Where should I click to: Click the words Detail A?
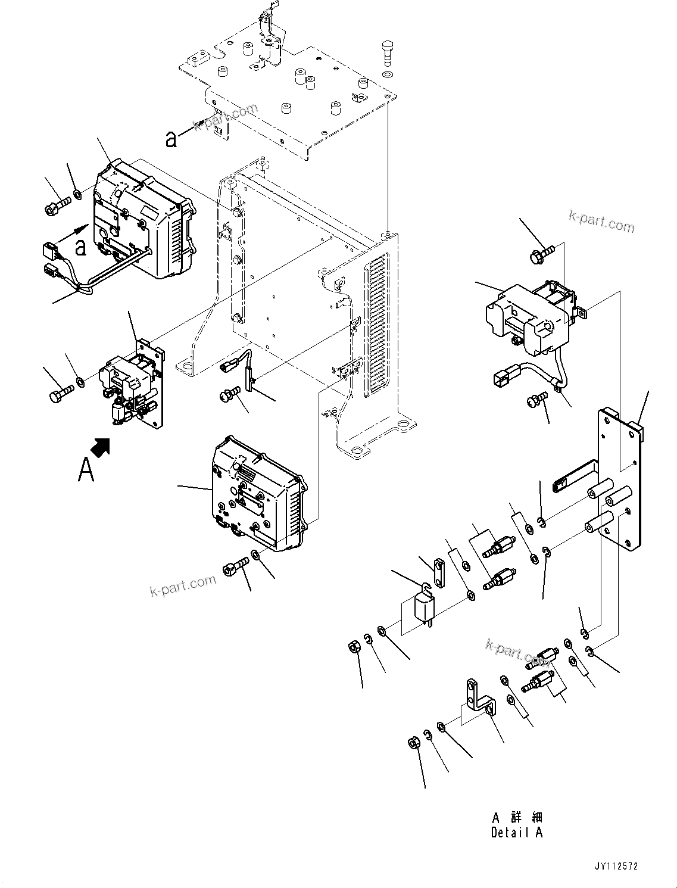coord(516,833)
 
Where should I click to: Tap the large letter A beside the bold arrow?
coord(86,469)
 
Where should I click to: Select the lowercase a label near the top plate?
coord(171,139)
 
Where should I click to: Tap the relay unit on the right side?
coord(530,316)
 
